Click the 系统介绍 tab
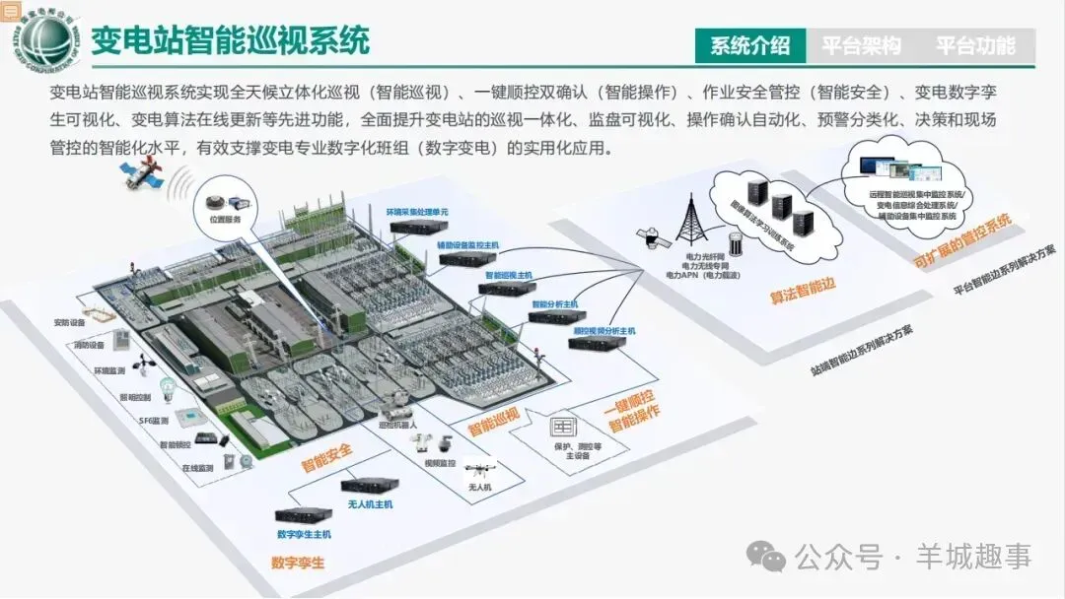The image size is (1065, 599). pos(749,45)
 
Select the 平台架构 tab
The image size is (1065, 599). pos(862,45)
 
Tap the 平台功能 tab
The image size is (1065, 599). pos(974,45)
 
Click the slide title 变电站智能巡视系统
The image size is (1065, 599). pos(230,40)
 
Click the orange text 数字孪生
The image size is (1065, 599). pos(298,564)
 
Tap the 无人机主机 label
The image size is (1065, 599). pos(370,504)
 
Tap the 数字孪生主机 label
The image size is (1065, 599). pos(304,534)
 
